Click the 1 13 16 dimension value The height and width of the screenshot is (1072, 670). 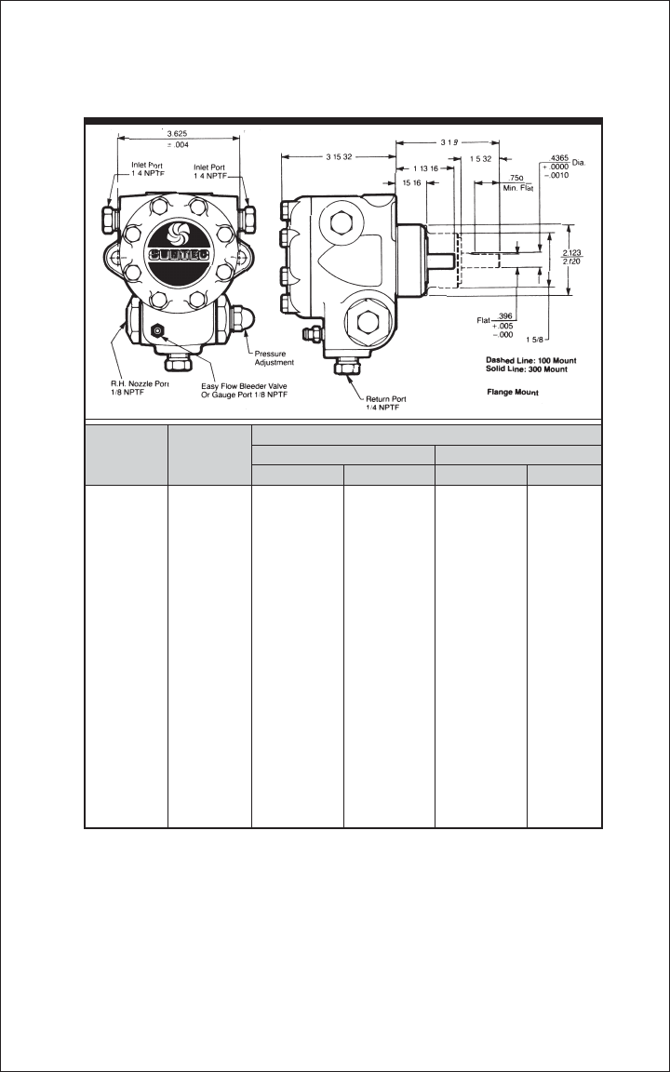coord(423,168)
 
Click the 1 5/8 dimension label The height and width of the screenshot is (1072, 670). coord(560,339)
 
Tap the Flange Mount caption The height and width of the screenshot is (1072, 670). coord(515,393)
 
